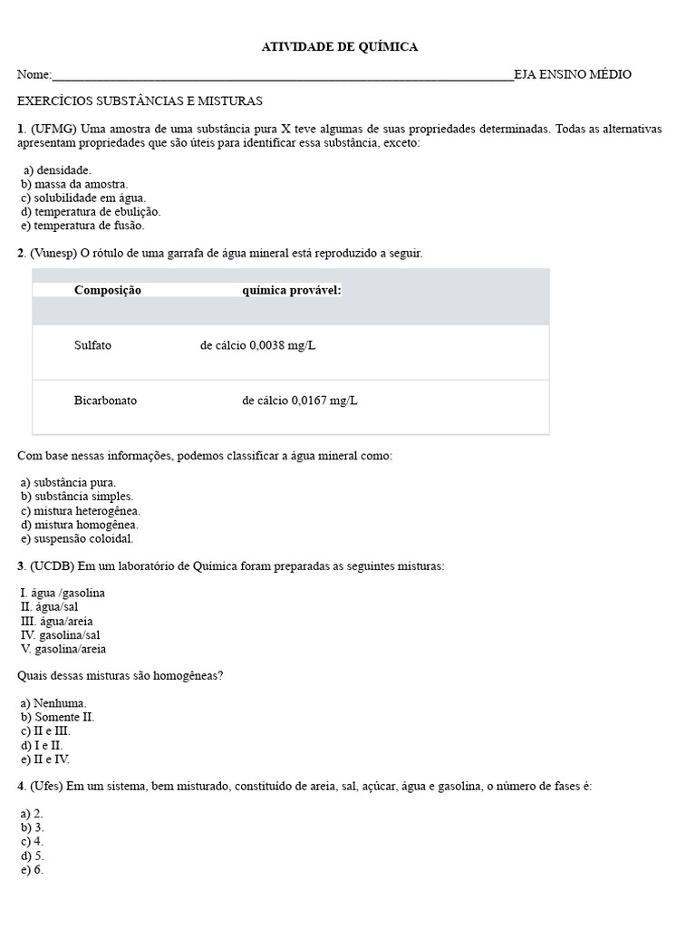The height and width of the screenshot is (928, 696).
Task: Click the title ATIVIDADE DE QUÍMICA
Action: pyautogui.click(x=340, y=47)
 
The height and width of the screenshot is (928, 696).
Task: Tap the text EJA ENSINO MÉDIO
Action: pyautogui.click(x=572, y=75)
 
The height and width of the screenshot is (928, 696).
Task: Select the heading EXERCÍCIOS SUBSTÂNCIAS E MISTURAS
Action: pyautogui.click(x=140, y=101)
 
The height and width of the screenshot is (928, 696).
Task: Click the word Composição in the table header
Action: pyautogui.click(x=108, y=290)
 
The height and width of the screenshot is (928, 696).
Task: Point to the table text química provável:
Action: pyautogui.click(x=292, y=290)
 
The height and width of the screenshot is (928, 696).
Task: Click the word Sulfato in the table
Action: pyautogui.click(x=93, y=345)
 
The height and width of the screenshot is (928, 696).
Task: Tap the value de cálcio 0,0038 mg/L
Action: pyautogui.click(x=257, y=345)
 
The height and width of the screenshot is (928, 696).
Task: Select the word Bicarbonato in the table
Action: pyautogui.click(x=105, y=400)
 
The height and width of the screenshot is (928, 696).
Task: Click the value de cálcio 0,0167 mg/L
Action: pyautogui.click(x=300, y=400)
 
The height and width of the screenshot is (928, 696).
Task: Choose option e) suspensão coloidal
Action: pyautogui.click(x=77, y=538)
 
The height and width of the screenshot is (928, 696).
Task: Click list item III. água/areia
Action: pyautogui.click(x=56, y=622)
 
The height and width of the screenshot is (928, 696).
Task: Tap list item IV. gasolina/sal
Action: pyautogui.click(x=60, y=635)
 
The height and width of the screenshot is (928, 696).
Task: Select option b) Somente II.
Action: pyautogui.click(x=57, y=717)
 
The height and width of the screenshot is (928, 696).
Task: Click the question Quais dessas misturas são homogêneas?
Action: pyautogui.click(x=121, y=676)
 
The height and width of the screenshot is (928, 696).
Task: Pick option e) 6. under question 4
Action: pyautogui.click(x=32, y=870)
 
